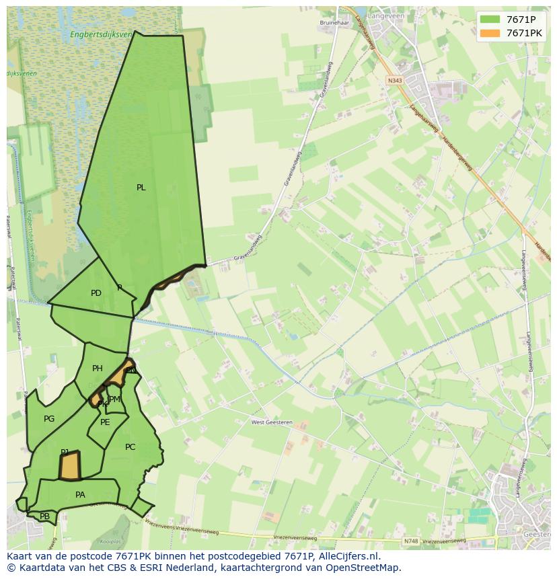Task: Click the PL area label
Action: pos(141,188)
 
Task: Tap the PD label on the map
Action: pos(96,293)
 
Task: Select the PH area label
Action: pos(98,369)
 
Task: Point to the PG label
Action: pos(49,419)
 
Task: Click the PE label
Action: pos(105,422)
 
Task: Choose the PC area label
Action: pos(131,447)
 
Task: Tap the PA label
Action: pos(80,495)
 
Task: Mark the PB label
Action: pos(44,516)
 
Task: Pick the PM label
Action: pos(115,399)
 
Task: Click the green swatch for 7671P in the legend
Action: pos(490,20)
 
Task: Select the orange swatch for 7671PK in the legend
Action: pos(490,33)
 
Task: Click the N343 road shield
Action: pos(395,80)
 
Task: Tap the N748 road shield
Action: pos(411,541)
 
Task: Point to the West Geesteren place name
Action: pos(268,422)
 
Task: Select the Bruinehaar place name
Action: pos(332,22)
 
